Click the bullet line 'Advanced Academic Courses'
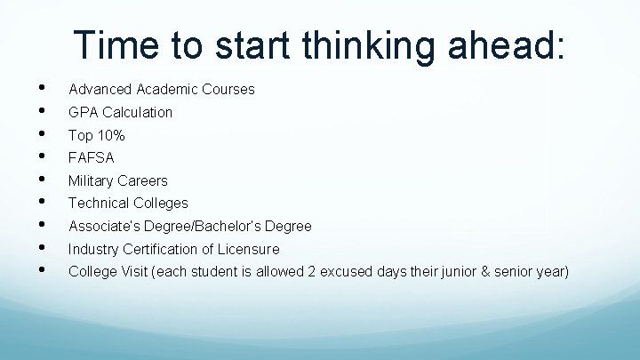(161, 89)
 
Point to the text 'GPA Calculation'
(120, 112)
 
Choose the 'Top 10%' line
(96, 135)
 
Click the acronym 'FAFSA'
(92, 157)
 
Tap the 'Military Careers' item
(117, 180)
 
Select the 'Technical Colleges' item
(128, 203)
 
